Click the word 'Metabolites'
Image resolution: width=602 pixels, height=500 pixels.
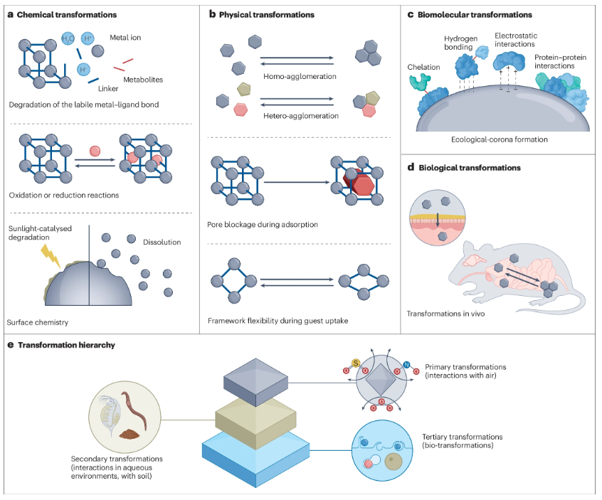pos(143,80)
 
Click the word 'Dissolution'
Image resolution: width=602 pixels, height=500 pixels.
pos(161,242)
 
